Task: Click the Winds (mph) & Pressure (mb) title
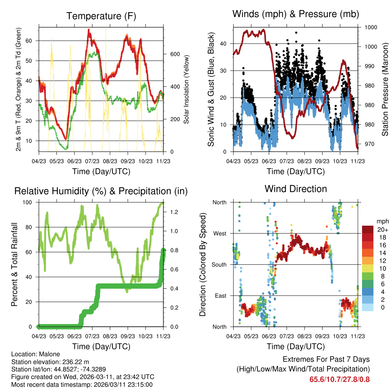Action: pos(296,14)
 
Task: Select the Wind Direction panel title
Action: pos(296,188)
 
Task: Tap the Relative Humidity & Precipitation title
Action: pos(101,191)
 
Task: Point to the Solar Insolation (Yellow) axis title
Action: pos(187,90)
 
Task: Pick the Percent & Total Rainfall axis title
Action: pos(14,264)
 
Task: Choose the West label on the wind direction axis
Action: pos(220,233)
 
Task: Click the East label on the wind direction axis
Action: pos(220,296)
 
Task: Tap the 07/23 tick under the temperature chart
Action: pos(92,161)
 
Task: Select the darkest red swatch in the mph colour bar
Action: pos(368,229)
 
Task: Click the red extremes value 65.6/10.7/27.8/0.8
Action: pos(340,379)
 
